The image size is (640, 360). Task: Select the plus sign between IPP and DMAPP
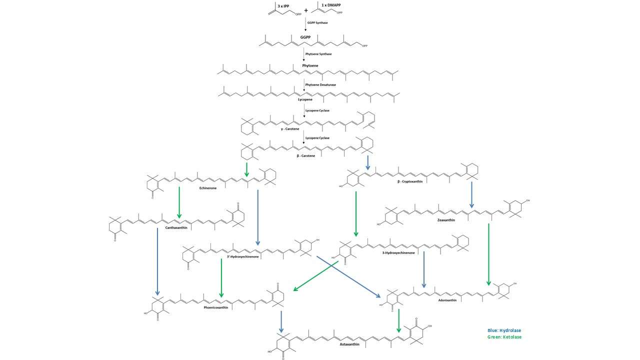[306, 9]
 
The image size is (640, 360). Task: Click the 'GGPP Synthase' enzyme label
[317, 23]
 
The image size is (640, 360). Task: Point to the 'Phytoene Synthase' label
[318, 54]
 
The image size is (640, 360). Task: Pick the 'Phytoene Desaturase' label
[320, 84]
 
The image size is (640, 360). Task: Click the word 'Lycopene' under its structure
[305, 99]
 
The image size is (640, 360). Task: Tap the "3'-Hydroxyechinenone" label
[242, 256]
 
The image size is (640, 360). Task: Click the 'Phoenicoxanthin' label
[216, 307]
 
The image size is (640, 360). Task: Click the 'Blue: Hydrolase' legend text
[507, 330]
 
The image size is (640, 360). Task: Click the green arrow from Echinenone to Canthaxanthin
[178, 205]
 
